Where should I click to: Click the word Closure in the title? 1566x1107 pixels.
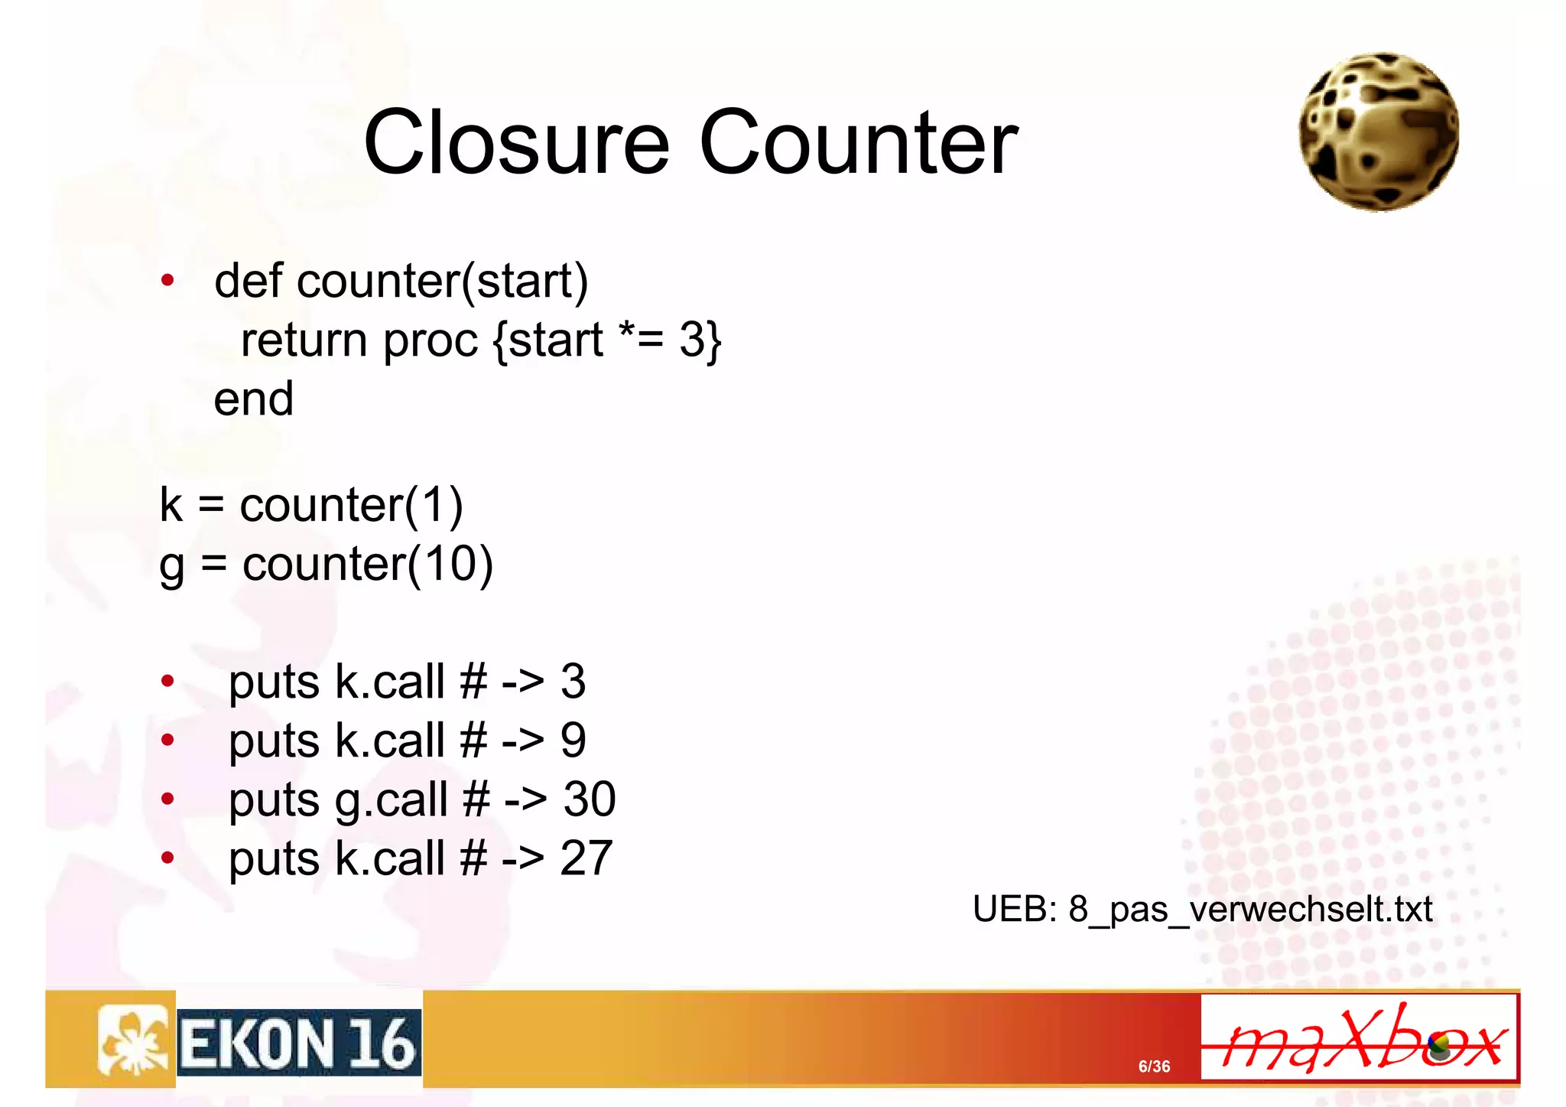(516, 142)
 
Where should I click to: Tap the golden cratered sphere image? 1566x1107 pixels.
(1379, 132)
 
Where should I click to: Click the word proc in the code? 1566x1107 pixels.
(430, 341)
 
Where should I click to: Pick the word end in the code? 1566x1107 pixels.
(253, 399)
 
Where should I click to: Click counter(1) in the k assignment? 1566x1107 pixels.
(351, 505)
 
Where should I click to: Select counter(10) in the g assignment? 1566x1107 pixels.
(368, 565)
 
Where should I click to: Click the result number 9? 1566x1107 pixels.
(573, 741)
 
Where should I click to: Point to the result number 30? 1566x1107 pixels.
(590, 799)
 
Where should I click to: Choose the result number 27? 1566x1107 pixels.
(586, 858)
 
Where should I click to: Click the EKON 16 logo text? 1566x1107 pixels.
(299, 1044)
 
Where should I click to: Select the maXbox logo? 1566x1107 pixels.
(1359, 1038)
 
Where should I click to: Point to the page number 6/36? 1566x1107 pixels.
(1154, 1066)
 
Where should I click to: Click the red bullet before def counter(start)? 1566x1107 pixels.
(167, 281)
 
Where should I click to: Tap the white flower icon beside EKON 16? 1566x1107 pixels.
(132, 1040)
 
